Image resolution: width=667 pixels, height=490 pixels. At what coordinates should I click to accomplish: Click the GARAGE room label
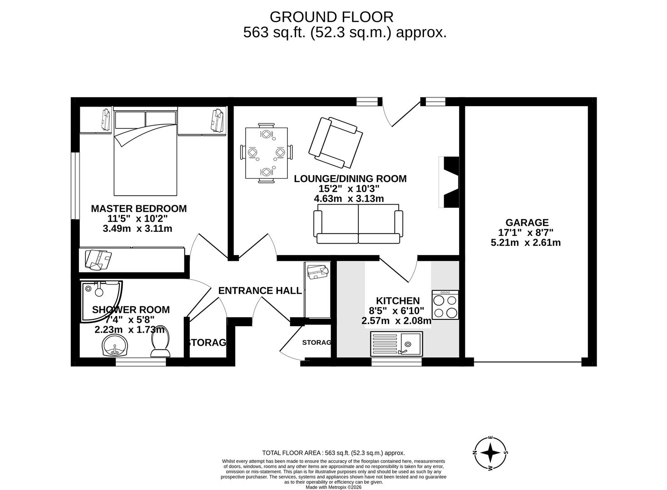click(527, 223)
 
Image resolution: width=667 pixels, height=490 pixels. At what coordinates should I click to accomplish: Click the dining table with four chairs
click(266, 153)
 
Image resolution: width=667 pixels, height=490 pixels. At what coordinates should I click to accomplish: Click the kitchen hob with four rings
click(445, 305)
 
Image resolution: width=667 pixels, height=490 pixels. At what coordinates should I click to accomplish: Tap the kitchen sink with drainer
click(396, 343)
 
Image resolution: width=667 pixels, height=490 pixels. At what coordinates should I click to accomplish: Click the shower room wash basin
click(116, 346)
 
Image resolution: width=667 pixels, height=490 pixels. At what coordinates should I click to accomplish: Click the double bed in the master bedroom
click(145, 153)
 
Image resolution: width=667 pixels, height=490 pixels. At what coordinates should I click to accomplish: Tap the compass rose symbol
click(490, 453)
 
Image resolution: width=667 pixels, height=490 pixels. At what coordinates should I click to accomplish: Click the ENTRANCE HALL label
click(260, 291)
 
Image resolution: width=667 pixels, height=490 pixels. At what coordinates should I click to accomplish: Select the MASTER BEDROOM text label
click(138, 209)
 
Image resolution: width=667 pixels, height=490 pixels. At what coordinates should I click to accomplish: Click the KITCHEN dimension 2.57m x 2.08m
click(396, 321)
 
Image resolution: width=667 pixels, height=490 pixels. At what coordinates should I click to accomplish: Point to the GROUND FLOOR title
click(331, 17)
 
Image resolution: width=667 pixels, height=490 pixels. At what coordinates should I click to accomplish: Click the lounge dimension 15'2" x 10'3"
click(349, 189)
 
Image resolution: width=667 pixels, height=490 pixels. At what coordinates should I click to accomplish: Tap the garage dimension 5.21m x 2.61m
click(525, 243)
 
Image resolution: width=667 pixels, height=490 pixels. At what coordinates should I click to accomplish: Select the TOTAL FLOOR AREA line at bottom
click(333, 453)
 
